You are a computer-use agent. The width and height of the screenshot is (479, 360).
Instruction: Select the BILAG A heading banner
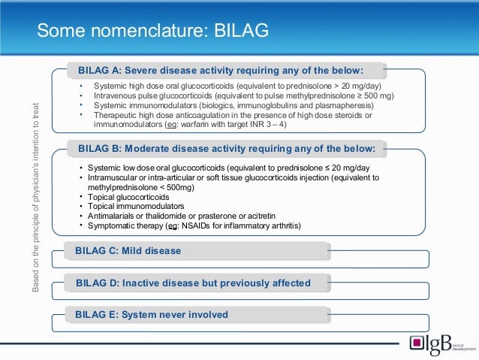pos(225,71)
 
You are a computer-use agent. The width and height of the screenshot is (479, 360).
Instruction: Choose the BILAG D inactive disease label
pos(193,283)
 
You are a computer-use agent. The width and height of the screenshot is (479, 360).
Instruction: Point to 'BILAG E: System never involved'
pos(152,314)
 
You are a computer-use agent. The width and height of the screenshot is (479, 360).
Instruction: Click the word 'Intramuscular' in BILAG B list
pos(114,177)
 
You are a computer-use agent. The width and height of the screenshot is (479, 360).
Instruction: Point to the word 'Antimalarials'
pos(113,216)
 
